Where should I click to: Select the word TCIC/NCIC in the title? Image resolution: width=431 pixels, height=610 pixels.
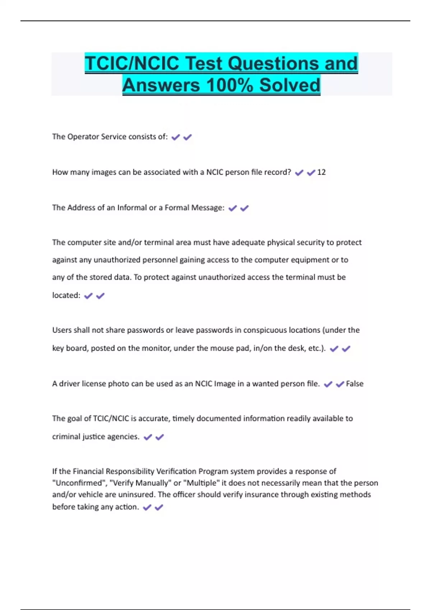(x=132, y=64)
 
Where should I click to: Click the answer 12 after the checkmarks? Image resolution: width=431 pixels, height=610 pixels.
(x=321, y=172)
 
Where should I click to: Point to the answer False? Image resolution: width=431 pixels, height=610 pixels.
(x=354, y=384)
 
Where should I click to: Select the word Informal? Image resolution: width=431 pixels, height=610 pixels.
(x=132, y=208)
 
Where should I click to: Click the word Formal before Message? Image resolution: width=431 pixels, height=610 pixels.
(x=176, y=208)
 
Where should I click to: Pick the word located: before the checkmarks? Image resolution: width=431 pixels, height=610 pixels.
(x=66, y=295)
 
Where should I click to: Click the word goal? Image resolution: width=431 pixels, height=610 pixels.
(x=74, y=418)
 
